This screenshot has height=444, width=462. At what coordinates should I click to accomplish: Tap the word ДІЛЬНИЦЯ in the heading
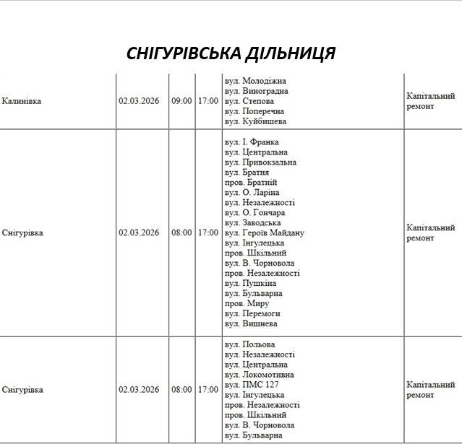[x=296, y=54]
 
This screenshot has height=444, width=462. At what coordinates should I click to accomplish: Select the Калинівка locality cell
[x=22, y=101]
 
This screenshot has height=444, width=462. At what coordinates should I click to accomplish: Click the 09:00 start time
[x=181, y=101]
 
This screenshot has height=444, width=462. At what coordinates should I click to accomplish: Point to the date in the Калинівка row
[x=139, y=101]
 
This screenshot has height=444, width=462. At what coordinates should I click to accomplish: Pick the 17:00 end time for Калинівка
[x=208, y=101]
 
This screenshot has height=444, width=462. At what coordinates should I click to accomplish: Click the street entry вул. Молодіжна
[x=255, y=81]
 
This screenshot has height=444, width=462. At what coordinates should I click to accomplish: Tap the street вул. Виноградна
[x=257, y=91]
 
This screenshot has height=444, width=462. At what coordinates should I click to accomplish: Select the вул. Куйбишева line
[x=254, y=121]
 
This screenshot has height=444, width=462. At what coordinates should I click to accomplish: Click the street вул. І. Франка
[x=252, y=142]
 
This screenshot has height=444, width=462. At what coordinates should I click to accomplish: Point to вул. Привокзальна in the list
[x=260, y=162]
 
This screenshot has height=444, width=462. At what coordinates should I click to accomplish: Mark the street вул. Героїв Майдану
[x=265, y=233]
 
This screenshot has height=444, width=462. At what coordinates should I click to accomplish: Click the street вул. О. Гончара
[x=254, y=213]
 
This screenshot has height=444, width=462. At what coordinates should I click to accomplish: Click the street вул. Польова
[x=249, y=344]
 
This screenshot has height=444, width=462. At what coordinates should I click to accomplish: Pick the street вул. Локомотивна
[x=260, y=375]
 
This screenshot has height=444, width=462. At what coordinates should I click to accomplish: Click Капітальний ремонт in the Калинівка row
[x=431, y=101]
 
